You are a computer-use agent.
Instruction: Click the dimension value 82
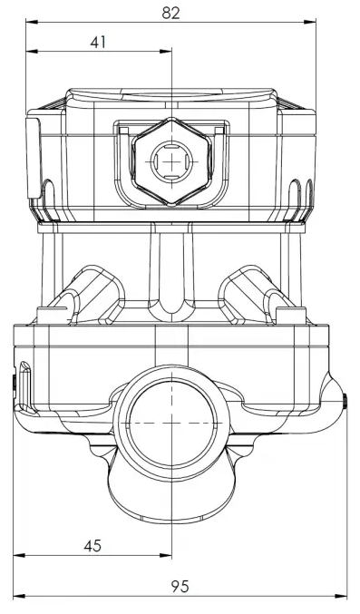click(170, 13)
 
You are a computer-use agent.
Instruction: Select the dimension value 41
click(98, 42)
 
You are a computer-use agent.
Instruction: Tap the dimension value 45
click(92, 546)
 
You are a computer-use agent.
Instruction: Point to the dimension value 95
click(180, 586)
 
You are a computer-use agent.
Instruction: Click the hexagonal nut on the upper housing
click(171, 161)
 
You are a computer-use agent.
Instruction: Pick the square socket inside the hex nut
click(171, 161)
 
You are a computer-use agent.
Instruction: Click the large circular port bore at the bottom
click(172, 424)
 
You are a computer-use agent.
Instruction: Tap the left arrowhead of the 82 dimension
click(32, 22)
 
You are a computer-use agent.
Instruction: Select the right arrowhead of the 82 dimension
click(310, 22)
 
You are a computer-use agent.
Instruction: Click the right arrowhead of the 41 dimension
click(166, 51)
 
